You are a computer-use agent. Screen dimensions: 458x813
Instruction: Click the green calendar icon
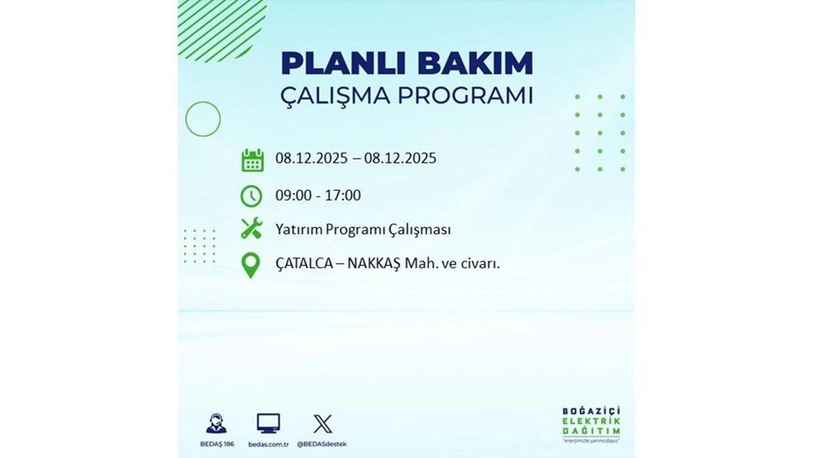(x=252, y=160)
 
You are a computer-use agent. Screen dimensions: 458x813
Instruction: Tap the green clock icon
(x=251, y=196)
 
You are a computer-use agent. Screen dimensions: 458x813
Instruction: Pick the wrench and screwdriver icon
(x=251, y=229)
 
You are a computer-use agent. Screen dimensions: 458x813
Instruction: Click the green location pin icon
(x=250, y=265)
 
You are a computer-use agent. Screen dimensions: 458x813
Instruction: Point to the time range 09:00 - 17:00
(x=318, y=196)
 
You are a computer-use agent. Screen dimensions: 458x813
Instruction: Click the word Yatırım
(x=298, y=229)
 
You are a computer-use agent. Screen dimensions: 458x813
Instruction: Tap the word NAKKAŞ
(x=369, y=264)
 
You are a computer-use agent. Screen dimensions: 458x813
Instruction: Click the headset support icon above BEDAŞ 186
(x=218, y=424)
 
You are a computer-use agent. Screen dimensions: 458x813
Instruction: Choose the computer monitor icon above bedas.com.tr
(x=268, y=424)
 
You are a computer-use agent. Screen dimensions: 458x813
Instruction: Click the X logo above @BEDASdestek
(x=322, y=425)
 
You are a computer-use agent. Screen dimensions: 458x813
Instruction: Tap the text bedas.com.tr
(x=268, y=444)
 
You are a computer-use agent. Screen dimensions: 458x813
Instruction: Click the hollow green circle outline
(x=203, y=119)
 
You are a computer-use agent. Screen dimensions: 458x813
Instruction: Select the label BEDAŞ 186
(x=218, y=444)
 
